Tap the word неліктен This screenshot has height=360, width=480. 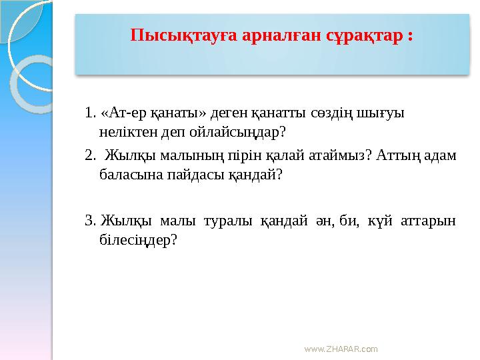tap(128, 131)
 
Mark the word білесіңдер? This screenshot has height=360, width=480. tap(138, 239)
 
